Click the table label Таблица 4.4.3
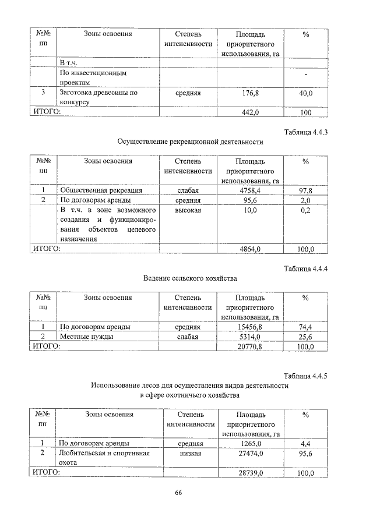coord(306,132)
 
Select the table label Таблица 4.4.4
coord(306,268)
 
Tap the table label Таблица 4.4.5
coord(306,376)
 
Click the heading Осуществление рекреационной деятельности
coord(190,142)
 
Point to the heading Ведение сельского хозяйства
coord(190,278)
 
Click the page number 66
coord(179,493)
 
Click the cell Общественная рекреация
coord(101,190)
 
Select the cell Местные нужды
coord(87,337)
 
